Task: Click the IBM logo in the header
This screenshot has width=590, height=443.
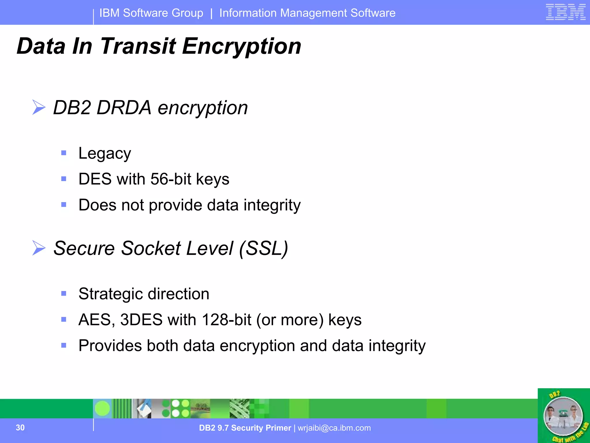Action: pos(566,12)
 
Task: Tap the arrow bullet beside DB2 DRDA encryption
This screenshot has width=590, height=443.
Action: pos(39,107)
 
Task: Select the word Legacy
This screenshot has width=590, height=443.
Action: pos(105,153)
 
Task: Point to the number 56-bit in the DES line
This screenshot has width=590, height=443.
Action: pos(171,179)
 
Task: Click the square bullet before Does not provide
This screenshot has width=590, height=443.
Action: pos(64,204)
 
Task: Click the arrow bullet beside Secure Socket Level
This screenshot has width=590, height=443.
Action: pos(39,248)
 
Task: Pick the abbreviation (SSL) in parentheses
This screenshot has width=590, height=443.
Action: pos(263,248)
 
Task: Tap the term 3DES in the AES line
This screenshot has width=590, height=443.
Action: pos(141,320)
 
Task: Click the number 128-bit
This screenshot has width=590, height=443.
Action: pos(226,320)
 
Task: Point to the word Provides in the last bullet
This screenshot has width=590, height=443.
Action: pos(110,346)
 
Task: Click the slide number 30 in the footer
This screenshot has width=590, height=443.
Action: pos(20,428)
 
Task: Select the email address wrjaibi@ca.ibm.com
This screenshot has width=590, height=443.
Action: pos(334,428)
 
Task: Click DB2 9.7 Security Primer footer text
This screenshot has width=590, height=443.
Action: pos(245,428)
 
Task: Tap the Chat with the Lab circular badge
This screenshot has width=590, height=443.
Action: pos(563,416)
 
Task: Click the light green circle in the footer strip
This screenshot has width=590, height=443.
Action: pos(102,408)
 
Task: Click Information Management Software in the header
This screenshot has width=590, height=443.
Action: pos(307,13)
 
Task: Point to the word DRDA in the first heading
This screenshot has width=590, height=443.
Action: pos(124,108)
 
